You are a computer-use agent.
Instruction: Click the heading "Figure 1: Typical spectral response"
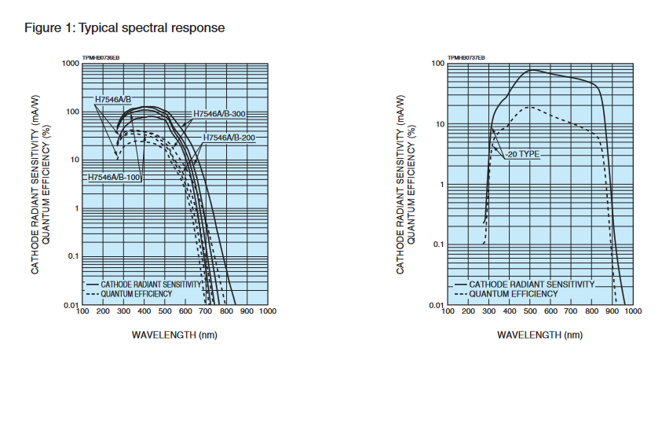pos(125,28)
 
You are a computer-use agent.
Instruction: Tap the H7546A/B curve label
pos(113,99)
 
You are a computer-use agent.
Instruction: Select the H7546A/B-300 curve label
pos(219,114)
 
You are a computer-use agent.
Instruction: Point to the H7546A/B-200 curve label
pos(229,138)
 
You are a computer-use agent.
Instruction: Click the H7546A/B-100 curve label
pos(114,178)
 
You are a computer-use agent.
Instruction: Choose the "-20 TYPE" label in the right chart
pos(522,154)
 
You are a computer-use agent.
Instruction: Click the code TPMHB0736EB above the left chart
pos(101,57)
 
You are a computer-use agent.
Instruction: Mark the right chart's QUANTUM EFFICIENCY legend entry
pos(514,293)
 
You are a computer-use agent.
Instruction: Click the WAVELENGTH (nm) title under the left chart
pos(174,335)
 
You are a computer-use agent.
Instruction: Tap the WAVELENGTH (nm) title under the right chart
pos(540,335)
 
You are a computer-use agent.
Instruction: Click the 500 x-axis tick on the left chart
pos(164,312)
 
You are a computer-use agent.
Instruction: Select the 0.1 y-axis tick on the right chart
pos(439,244)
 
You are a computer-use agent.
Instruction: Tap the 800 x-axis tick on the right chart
pos(591,312)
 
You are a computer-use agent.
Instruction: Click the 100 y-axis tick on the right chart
pos(438,63)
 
